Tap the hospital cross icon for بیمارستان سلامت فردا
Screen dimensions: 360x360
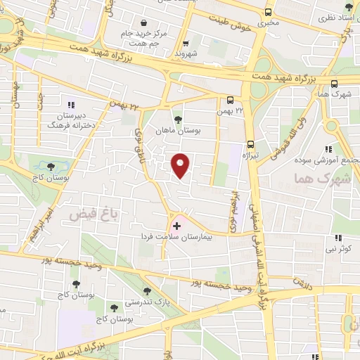click(176, 227)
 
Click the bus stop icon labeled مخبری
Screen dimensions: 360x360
click(268, 13)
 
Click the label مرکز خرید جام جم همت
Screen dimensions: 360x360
click(143, 38)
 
